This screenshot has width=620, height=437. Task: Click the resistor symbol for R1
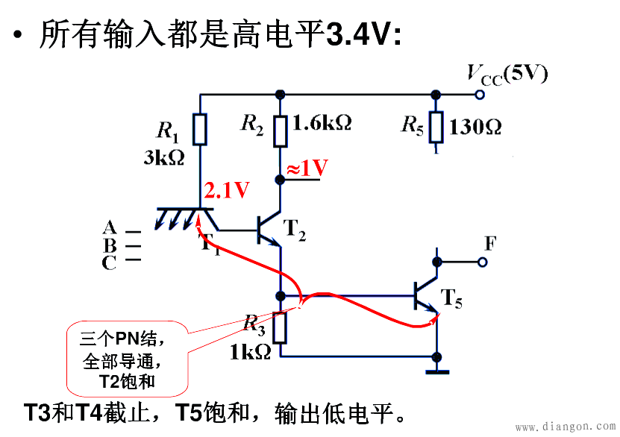[x=200, y=129]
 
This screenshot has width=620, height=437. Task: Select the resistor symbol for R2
[x=281, y=131]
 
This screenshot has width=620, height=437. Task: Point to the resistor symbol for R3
[x=281, y=327]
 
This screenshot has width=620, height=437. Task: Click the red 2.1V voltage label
[x=227, y=191]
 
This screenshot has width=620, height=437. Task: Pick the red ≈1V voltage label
[x=307, y=168]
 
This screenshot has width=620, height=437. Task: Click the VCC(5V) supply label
[x=507, y=74]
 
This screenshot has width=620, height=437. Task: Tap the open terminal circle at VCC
[x=480, y=95]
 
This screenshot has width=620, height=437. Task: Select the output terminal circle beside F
[x=483, y=262]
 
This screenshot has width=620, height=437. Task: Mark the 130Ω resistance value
[x=475, y=125]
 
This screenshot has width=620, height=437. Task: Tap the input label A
[x=110, y=227]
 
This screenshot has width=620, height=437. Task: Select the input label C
[x=110, y=262]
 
